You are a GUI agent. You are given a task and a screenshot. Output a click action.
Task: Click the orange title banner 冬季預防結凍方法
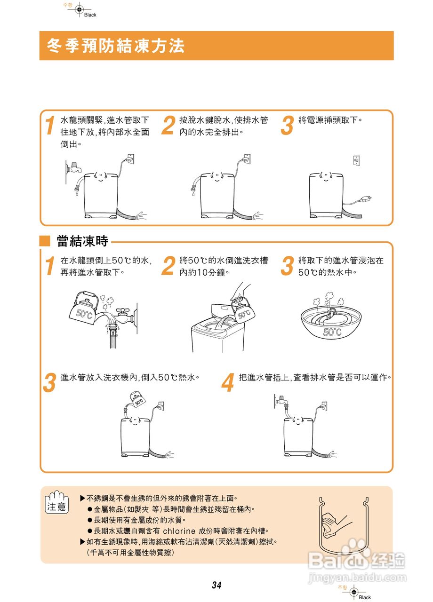click(216, 46)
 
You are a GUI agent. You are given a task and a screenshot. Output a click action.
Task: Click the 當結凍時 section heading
click(82, 241)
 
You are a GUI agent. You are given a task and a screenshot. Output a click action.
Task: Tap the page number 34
click(216, 586)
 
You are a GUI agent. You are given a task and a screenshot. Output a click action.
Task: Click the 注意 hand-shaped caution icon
click(57, 502)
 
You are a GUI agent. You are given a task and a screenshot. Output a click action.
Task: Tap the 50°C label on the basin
click(332, 332)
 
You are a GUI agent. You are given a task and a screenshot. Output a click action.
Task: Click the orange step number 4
click(228, 383)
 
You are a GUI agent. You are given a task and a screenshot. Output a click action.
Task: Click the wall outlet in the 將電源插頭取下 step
click(356, 160)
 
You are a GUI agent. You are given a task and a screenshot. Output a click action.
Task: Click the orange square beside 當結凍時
click(45, 242)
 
